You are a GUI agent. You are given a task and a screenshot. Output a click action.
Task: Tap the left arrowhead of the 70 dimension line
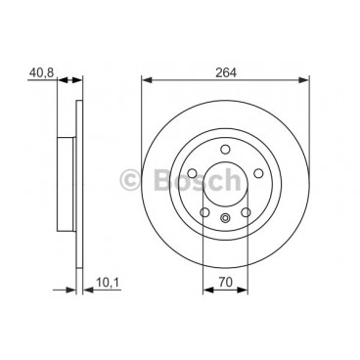click(205, 291)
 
